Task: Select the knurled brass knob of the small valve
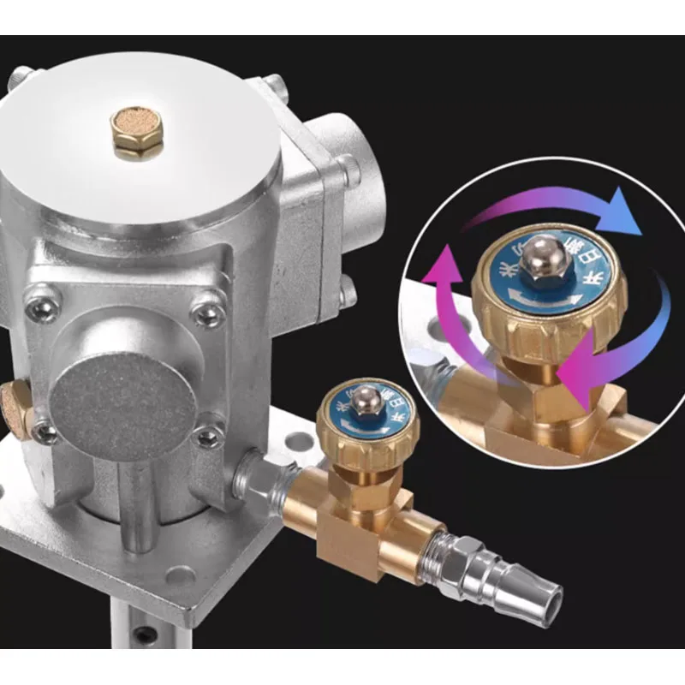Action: [367, 428]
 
